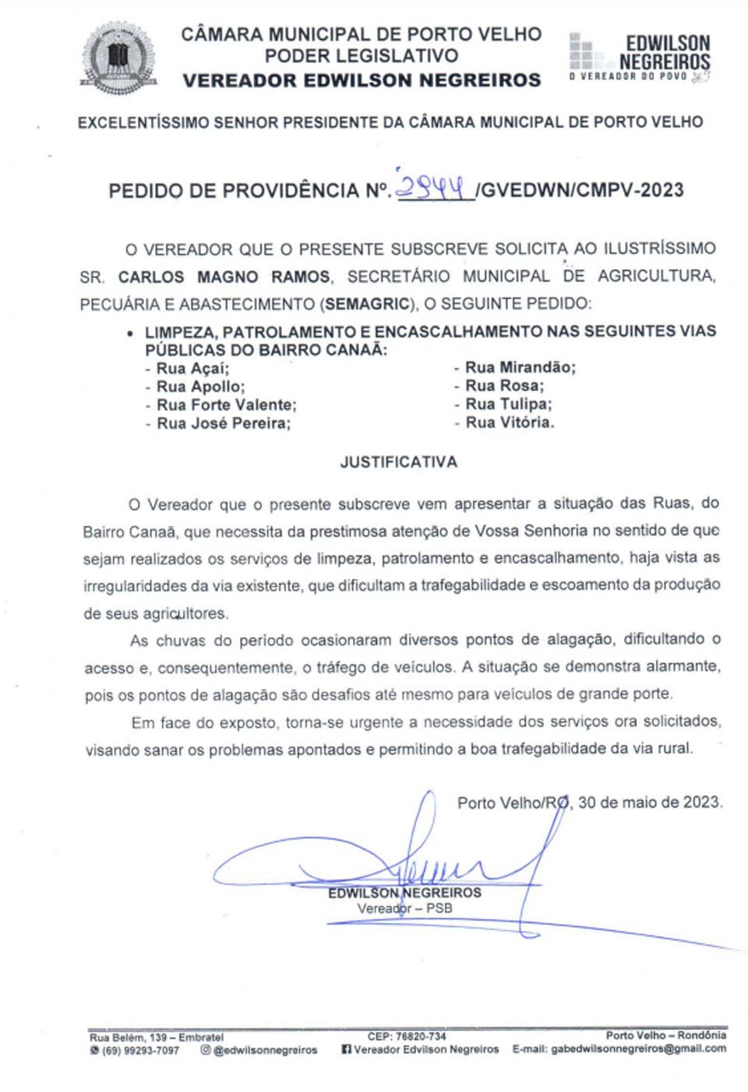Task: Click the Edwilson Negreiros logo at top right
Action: click(x=640, y=57)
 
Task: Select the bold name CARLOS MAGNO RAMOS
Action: click(x=224, y=277)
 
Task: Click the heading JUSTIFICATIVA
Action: click(x=398, y=463)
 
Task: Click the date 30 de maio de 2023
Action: click(x=650, y=802)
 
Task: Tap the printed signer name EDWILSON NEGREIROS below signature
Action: click(x=404, y=893)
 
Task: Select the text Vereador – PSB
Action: click(x=404, y=908)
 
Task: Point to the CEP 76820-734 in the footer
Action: click(x=407, y=1036)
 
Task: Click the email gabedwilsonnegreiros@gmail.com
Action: click(x=638, y=1049)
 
